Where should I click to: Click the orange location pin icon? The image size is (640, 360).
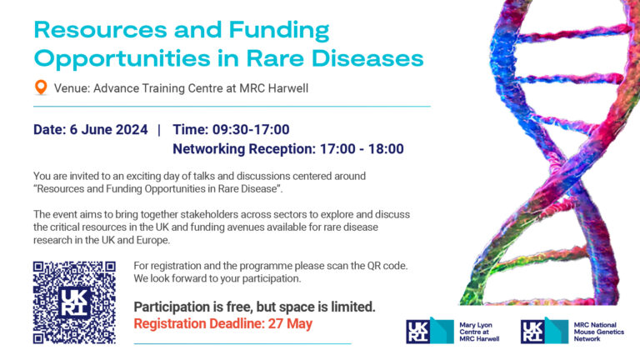(x=41, y=87)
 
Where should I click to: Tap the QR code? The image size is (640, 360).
(x=74, y=302)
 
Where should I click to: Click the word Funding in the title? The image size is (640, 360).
(x=279, y=31)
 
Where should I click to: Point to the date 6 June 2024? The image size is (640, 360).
(x=108, y=129)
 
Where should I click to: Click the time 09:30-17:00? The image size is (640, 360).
(x=251, y=129)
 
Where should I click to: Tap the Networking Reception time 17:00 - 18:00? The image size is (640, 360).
(x=362, y=149)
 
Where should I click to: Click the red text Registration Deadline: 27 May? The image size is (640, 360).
(x=223, y=323)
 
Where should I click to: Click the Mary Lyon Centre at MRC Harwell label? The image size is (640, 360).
(x=479, y=332)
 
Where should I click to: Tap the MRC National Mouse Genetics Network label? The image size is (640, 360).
(x=599, y=332)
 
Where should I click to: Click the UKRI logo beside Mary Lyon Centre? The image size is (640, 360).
(x=430, y=330)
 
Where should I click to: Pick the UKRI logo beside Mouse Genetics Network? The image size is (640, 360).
(x=544, y=330)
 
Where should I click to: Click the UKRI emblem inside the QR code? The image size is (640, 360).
(x=74, y=302)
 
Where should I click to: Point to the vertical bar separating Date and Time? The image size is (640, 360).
(x=159, y=130)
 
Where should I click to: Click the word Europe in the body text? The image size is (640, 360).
(x=154, y=240)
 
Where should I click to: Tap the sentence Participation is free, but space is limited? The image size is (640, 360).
(x=255, y=307)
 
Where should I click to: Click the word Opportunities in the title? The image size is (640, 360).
(x=122, y=59)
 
